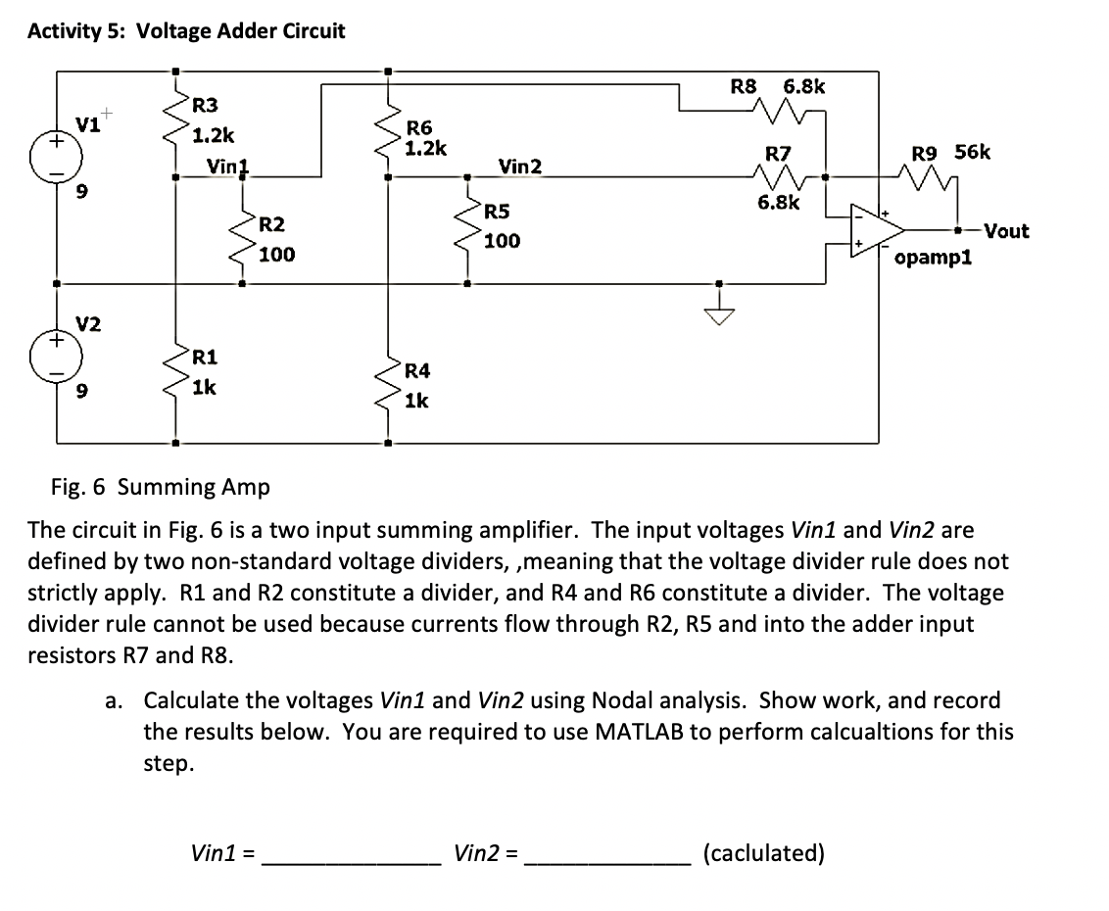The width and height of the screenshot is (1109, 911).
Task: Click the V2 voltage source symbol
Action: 57,361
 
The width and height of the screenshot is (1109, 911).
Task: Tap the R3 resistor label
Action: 205,105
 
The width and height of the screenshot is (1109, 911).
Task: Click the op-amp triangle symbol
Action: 877,231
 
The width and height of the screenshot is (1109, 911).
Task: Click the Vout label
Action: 1006,231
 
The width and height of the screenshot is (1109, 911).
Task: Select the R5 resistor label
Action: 497,211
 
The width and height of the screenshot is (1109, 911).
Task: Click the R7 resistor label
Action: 777,154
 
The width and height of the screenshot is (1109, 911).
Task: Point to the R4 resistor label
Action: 416,370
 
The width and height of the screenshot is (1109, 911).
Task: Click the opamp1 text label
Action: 932,260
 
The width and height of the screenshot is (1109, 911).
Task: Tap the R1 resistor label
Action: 205,356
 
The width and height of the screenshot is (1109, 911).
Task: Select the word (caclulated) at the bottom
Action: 764,853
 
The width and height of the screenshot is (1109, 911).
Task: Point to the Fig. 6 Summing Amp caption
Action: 161,487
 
